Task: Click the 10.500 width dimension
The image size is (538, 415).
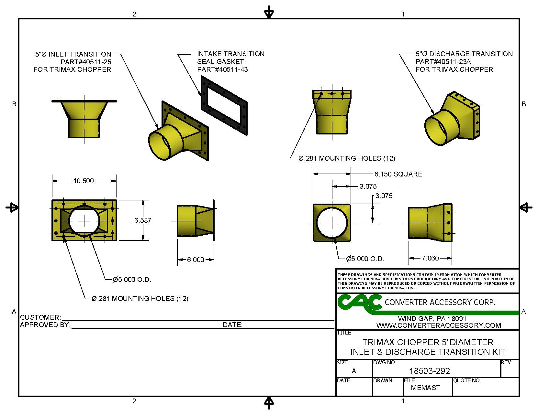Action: pos(84,181)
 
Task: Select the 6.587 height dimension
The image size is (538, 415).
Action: pos(143,220)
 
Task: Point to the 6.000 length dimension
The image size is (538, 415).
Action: pos(196,260)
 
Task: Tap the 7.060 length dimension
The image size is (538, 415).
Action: pos(430,258)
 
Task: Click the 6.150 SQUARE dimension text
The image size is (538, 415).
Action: pos(398,174)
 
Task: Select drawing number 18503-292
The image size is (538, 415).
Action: pos(430,371)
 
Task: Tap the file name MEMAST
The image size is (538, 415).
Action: pos(425,388)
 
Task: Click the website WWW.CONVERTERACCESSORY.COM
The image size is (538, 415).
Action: pos(439,325)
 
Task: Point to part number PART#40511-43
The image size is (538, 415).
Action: pos(222,69)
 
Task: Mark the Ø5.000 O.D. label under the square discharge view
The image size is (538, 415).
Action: pos(365,259)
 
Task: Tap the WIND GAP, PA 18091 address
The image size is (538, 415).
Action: pos(432,319)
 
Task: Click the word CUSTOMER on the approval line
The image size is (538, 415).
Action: pos(40,317)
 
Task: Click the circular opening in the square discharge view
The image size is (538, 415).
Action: pos(332,223)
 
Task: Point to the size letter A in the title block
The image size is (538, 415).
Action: pos(354,371)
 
